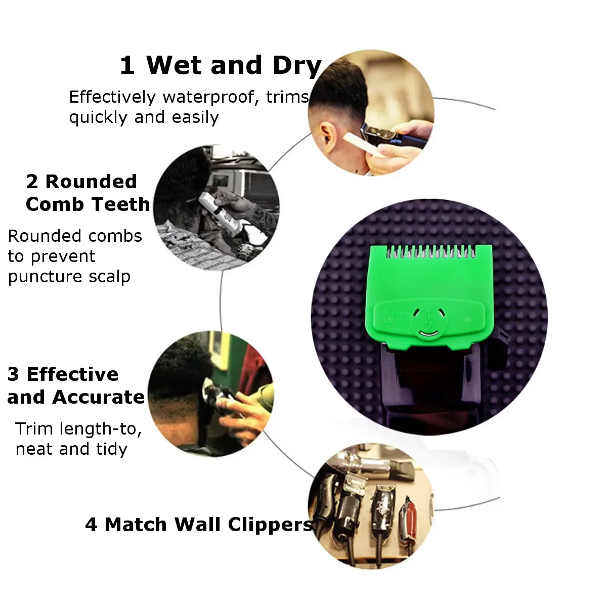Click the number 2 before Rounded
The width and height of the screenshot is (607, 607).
32,182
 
